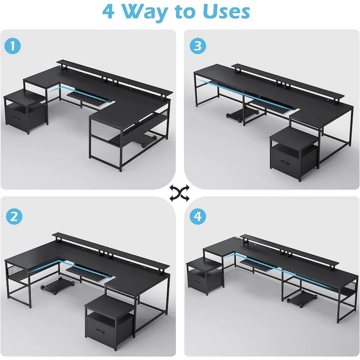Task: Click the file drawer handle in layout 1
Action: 16,119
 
